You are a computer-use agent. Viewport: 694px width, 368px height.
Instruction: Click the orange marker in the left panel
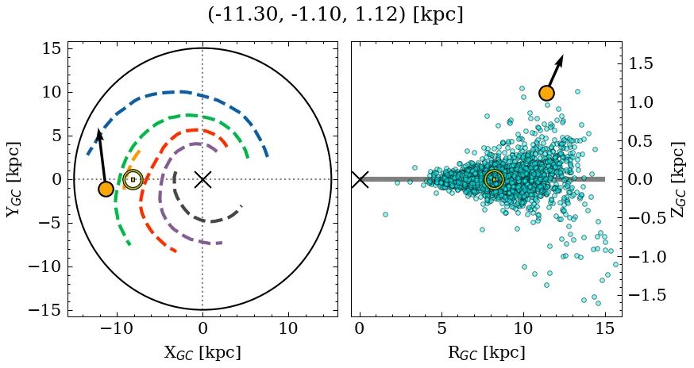click(106, 189)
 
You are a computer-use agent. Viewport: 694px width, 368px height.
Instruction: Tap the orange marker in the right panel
click(546, 93)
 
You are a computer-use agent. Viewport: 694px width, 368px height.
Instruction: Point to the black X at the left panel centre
click(202, 179)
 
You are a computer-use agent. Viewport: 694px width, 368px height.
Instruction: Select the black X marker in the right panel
click(360, 179)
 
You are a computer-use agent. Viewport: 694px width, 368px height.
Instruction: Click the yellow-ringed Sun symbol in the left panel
click(133, 180)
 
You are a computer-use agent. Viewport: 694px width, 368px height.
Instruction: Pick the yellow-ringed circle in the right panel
click(494, 180)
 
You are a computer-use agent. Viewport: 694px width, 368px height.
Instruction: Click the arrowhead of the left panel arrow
click(98, 134)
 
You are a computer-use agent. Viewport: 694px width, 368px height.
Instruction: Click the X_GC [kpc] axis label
click(202, 352)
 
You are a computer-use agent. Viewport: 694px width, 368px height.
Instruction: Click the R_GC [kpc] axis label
click(486, 352)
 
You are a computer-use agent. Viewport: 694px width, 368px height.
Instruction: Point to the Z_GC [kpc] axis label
click(678, 179)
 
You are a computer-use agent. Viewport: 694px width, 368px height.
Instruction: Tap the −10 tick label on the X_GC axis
click(117, 328)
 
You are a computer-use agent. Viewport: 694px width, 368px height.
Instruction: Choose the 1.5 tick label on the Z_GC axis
click(642, 63)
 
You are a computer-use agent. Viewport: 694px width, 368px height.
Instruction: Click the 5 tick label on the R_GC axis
click(441, 328)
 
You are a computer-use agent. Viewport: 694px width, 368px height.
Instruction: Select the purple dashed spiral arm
click(163, 190)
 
